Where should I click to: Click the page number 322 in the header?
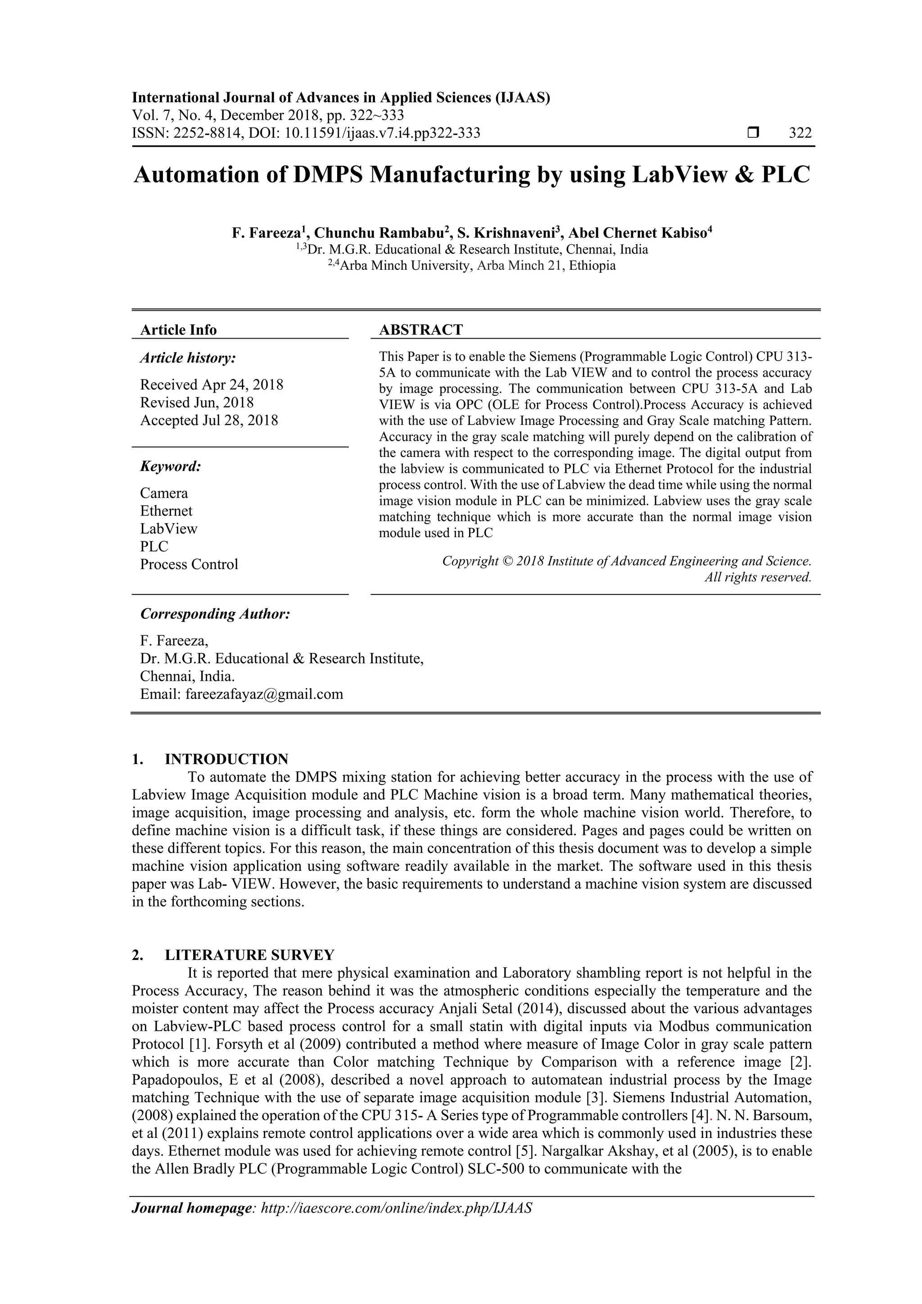click(800, 133)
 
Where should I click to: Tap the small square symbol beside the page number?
click(753, 133)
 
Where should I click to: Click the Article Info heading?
click(178, 330)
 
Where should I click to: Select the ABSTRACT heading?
click(420, 330)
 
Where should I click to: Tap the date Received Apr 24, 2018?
click(212, 385)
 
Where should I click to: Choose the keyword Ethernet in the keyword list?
click(166, 511)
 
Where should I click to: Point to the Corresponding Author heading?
click(215, 614)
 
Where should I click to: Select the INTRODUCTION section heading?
click(226, 759)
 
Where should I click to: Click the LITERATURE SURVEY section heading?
click(250, 955)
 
